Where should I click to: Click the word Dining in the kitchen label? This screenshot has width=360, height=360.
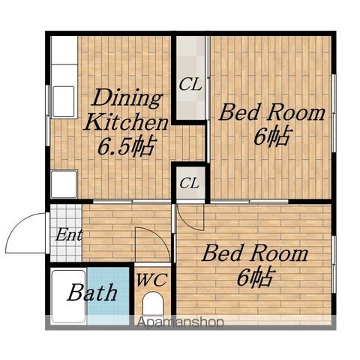[127, 98]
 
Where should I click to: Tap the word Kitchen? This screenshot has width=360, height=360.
[126, 122]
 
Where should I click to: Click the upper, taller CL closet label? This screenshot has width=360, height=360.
[190, 85]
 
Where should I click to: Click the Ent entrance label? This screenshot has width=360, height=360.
[68, 235]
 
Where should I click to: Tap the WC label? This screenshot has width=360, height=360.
[151, 280]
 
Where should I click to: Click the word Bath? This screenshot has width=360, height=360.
[92, 292]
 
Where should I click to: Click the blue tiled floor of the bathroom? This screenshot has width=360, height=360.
[108, 295]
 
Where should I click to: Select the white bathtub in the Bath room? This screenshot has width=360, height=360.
[68, 296]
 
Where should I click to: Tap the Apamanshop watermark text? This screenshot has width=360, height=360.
[180, 322]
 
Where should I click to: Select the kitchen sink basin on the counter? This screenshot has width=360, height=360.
[64, 101]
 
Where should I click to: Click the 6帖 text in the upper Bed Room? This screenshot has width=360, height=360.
[272, 136]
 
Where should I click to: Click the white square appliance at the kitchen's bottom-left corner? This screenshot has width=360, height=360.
[64, 184]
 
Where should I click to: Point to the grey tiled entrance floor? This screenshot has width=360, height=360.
[66, 233]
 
